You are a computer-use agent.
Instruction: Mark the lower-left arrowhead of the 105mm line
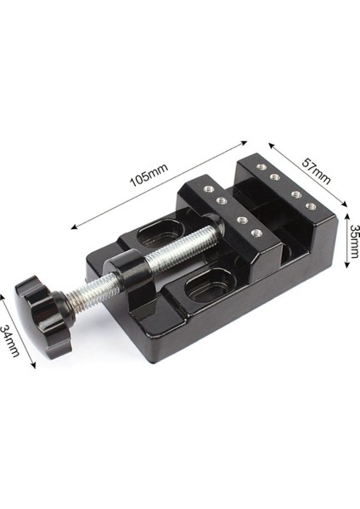coord(74,227)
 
